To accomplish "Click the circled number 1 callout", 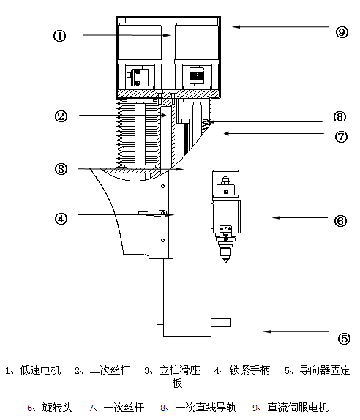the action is pyautogui.click(x=59, y=36).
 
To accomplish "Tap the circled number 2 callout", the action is pyautogui.click(x=61, y=116).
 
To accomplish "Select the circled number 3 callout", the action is pyautogui.click(x=61, y=169).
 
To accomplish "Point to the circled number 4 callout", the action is pyautogui.click(x=61, y=219).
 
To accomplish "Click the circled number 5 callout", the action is pyautogui.click(x=344, y=339).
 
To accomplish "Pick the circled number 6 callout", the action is pyautogui.click(x=341, y=221).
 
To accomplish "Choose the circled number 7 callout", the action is pyautogui.click(x=341, y=137).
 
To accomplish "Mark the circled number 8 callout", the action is pyautogui.click(x=340, y=117).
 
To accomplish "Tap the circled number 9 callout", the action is pyautogui.click(x=342, y=32).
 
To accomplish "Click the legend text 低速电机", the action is pyautogui.click(x=40, y=370).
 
